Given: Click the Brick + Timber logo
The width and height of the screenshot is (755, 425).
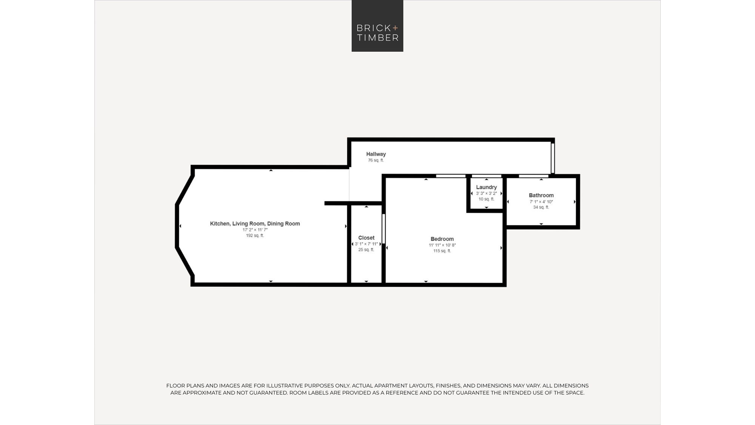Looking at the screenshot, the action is point(377,26).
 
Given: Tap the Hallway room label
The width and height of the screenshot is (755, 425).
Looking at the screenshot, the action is point(376,154).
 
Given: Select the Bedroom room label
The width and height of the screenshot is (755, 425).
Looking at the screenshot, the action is point(442,239).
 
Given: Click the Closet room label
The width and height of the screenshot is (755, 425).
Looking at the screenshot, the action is point(366,238).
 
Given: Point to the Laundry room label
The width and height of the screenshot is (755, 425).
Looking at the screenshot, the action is point(486,187).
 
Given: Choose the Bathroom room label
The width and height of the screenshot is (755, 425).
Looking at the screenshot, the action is point(541,195).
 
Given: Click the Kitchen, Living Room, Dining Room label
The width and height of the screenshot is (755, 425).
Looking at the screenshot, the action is point(255,224).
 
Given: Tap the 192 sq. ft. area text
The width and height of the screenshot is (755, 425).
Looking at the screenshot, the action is point(255,236).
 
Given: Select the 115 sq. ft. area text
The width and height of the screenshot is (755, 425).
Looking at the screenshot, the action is point(442,251).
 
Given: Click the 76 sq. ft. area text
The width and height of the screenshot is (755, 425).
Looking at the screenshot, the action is point(376,160).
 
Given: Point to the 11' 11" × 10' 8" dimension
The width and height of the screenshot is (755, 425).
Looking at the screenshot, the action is point(442,245).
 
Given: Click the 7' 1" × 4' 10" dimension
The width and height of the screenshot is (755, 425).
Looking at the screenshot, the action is point(541,202).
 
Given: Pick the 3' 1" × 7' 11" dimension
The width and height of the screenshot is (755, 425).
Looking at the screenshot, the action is point(366,244).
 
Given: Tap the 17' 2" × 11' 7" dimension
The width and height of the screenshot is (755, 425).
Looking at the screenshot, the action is point(255,230).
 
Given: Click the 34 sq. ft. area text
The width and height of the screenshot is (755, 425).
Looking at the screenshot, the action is point(541,207).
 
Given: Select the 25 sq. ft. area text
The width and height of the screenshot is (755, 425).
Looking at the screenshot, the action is point(366,250).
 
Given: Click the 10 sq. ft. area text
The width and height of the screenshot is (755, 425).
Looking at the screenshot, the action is point(486,199).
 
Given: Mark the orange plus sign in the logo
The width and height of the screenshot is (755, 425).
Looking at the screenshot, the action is point(395,28).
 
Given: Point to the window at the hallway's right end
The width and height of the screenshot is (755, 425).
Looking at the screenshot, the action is point(553,158).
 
